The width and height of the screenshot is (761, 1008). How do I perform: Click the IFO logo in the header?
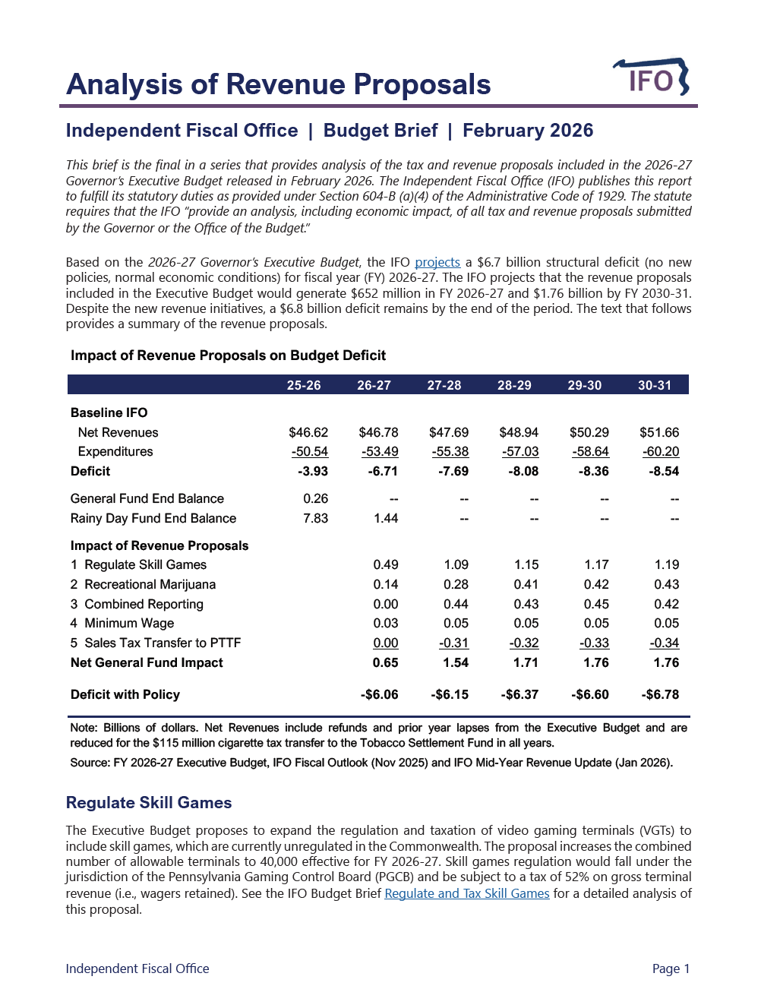[651, 77]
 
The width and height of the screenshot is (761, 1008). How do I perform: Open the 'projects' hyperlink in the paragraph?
[437, 262]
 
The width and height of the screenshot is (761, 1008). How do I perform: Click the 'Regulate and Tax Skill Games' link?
[466, 893]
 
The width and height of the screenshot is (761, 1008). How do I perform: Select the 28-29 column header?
[514, 385]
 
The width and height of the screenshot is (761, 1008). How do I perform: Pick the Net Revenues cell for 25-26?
[308, 432]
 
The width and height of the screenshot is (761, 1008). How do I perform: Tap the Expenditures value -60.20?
[661, 451]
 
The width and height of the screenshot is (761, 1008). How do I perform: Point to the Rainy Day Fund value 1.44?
[386, 518]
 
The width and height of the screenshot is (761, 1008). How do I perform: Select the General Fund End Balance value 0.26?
[315, 498]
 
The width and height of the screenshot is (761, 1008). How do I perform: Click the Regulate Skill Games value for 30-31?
[666, 564]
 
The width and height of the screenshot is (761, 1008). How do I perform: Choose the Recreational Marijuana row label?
[150, 584]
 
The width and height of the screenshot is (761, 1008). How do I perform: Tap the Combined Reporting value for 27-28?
[456, 604]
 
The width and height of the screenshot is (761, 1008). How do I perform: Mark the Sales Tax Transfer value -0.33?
[594, 643]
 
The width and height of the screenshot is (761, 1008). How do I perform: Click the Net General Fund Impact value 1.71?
[526, 662]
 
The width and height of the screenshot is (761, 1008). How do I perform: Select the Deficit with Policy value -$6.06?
[379, 694]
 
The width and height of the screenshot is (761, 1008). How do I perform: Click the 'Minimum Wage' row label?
[129, 623]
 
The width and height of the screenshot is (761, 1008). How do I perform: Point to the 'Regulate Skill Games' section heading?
[149, 803]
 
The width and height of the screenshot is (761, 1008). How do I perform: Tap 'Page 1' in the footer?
[671, 969]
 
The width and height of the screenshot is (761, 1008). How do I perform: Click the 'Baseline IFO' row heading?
[109, 412]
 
